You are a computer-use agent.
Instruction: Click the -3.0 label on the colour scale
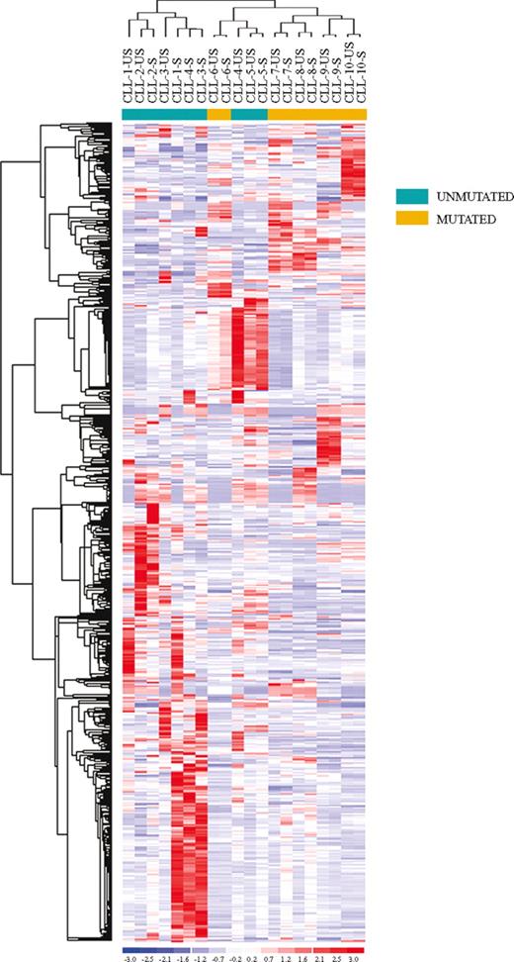129,958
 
